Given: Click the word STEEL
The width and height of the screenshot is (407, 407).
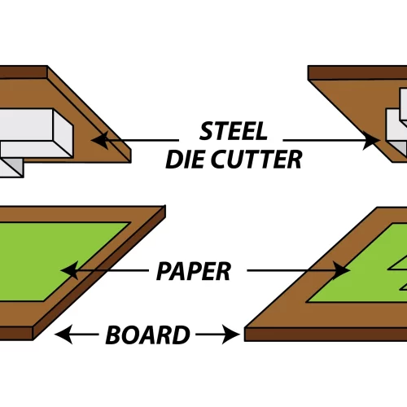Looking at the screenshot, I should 234,131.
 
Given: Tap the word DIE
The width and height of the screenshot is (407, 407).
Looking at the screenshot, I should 185,159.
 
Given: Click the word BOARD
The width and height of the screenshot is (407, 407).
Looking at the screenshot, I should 147,334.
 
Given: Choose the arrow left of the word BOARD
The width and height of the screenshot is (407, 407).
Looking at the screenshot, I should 79,334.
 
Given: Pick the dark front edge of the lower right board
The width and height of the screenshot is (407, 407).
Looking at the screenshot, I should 326,334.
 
